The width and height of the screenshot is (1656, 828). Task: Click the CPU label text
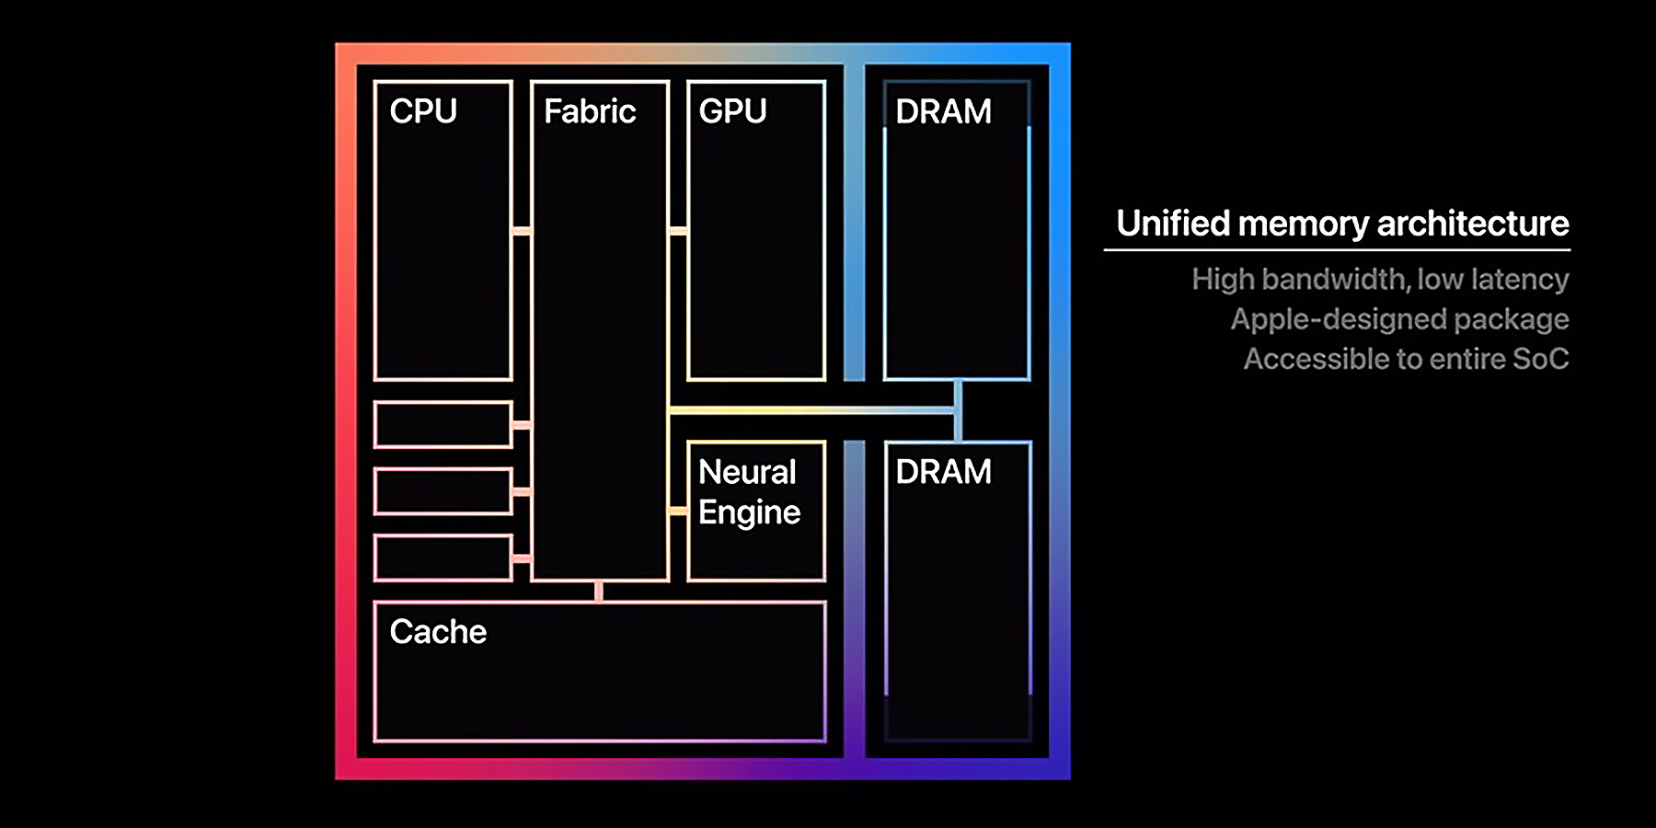(x=423, y=111)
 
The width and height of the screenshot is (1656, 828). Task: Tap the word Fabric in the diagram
(x=590, y=111)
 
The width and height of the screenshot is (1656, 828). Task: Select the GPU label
(x=732, y=111)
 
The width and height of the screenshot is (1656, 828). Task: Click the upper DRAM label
(x=943, y=111)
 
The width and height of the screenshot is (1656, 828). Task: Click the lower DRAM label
(x=943, y=472)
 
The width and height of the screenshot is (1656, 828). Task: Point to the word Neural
(x=747, y=472)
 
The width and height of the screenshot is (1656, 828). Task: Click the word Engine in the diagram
(x=749, y=512)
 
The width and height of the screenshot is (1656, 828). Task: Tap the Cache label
(x=438, y=632)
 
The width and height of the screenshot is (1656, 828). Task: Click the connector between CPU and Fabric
(x=522, y=231)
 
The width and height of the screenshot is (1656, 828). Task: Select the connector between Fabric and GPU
(x=678, y=231)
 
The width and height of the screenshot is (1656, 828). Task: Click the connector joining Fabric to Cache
(x=599, y=591)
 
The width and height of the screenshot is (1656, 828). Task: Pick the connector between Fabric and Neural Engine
(x=678, y=511)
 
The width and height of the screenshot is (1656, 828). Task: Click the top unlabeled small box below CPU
(x=443, y=425)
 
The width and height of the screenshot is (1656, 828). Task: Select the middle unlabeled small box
(x=443, y=491)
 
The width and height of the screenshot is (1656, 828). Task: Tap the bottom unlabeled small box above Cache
(x=443, y=558)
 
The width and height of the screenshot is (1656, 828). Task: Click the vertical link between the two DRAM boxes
(x=958, y=411)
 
